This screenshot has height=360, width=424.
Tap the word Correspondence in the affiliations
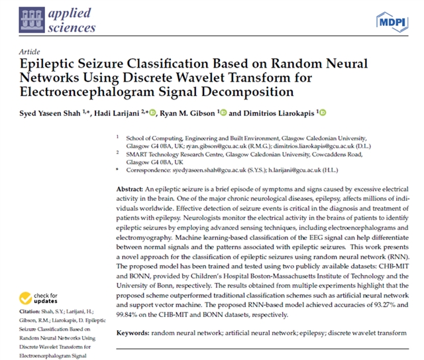[148, 169]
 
